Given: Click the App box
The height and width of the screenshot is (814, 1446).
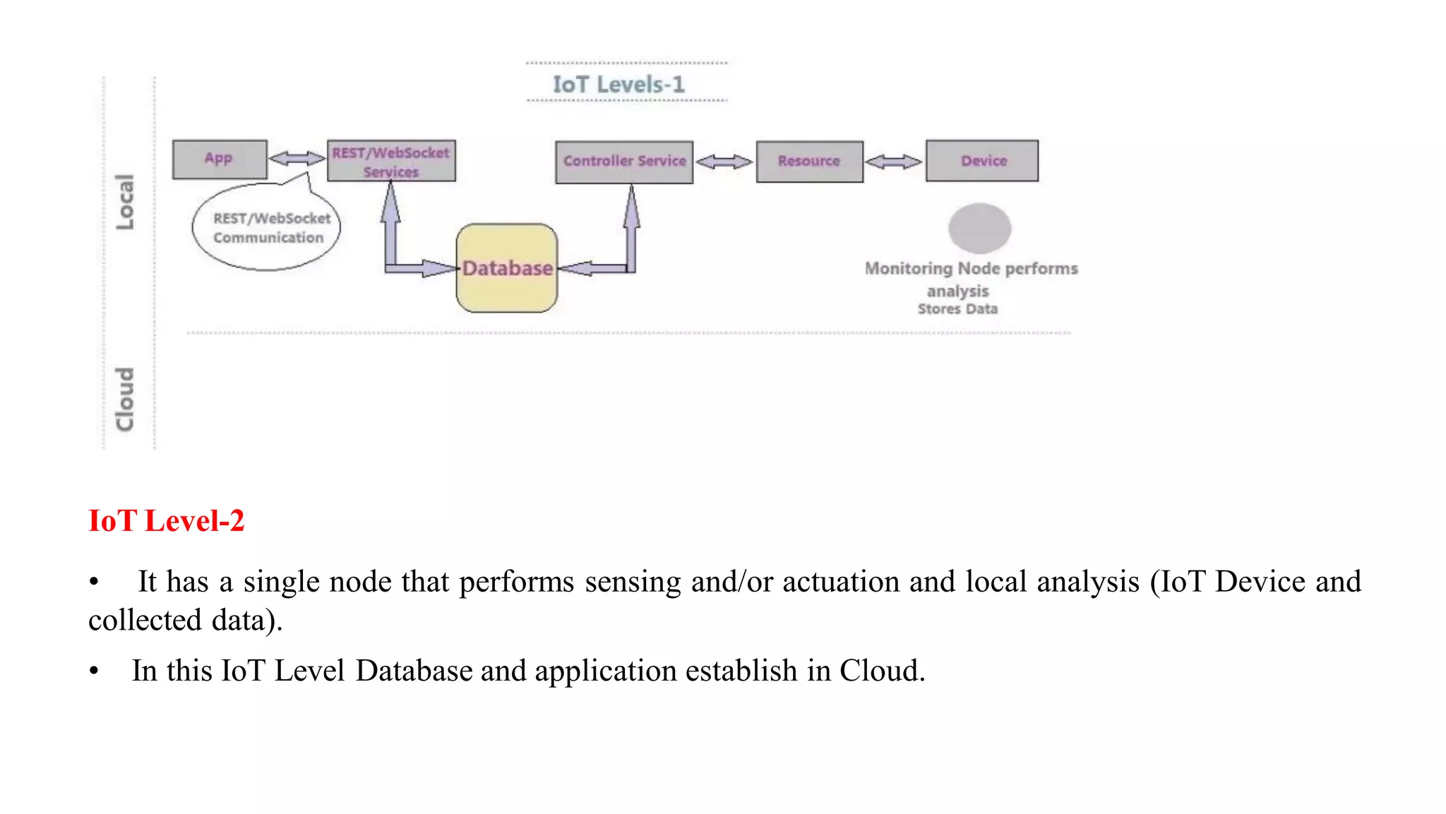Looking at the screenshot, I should [220, 160].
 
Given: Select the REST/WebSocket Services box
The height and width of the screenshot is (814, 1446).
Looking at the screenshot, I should [391, 162].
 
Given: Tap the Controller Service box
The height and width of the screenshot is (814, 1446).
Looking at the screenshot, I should [624, 162].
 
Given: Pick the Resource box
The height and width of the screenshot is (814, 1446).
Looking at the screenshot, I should [809, 162].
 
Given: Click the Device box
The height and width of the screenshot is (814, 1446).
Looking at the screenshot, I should [982, 161].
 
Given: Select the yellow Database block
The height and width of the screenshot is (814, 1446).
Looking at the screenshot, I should [507, 269].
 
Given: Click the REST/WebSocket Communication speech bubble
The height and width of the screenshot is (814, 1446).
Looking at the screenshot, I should [267, 228].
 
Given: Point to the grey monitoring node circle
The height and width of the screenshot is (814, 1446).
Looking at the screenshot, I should [979, 228].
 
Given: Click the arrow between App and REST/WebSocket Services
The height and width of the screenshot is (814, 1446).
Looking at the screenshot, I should [297, 158].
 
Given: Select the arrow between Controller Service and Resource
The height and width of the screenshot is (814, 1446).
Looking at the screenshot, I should [724, 162].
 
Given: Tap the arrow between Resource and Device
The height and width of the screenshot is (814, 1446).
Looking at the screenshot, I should [894, 162].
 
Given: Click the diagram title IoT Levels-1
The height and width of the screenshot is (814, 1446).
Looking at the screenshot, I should [619, 85].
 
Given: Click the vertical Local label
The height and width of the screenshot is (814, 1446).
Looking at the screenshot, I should [125, 201].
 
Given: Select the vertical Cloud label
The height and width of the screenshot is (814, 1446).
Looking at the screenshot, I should [125, 399].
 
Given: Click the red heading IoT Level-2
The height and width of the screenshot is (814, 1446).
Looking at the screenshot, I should [166, 521].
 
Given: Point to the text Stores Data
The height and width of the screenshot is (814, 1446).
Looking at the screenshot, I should [957, 309].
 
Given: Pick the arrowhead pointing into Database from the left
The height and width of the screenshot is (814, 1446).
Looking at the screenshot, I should [441, 268].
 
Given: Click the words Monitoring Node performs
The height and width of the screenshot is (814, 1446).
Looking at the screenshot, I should [971, 269].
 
